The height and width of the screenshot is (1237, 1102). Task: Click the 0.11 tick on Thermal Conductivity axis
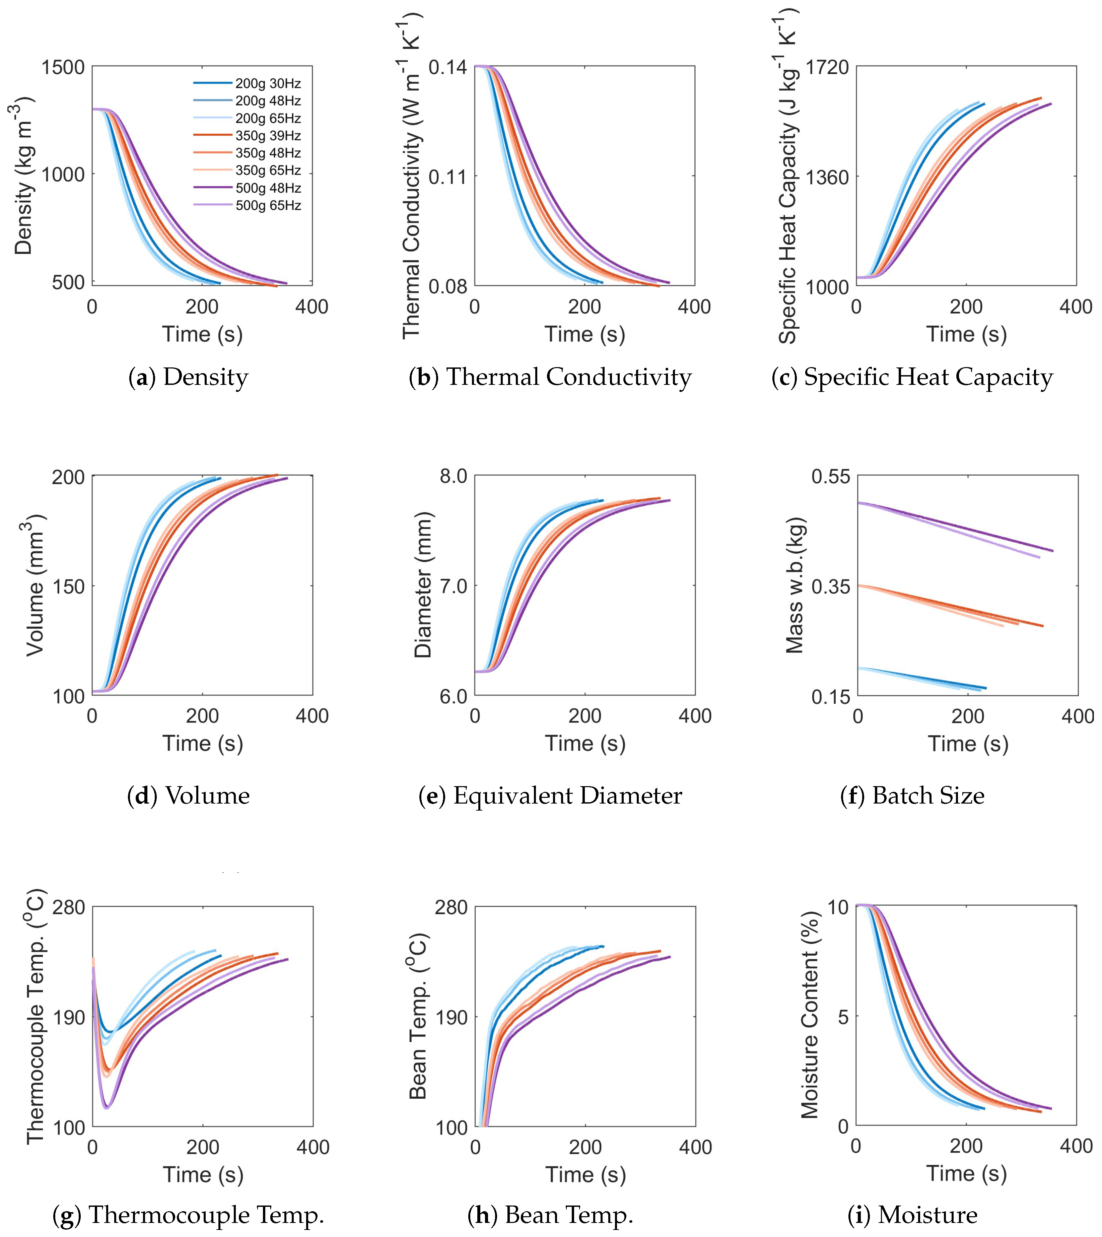(x=447, y=177)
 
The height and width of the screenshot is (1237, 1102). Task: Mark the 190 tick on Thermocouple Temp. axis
(x=68, y=1017)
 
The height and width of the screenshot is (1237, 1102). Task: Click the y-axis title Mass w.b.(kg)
(x=795, y=586)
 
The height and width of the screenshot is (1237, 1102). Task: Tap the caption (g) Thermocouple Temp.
(x=188, y=1215)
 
